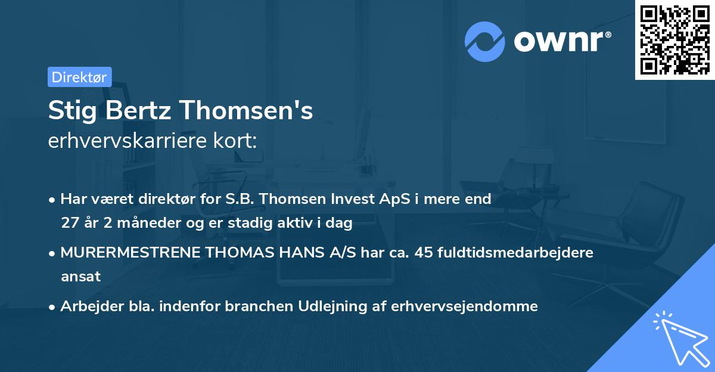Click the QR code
pos(675,39)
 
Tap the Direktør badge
pos(79,77)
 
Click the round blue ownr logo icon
pos(485,42)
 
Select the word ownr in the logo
pos(558,42)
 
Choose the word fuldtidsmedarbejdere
pos(515,253)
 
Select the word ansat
pos(80,277)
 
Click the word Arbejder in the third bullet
pos(87,306)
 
